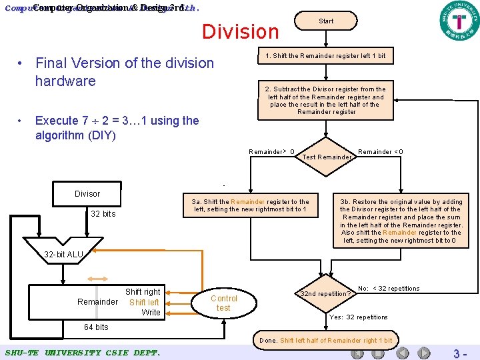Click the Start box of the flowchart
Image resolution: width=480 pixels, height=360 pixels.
(326, 21)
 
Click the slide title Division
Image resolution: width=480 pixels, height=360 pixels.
(241, 31)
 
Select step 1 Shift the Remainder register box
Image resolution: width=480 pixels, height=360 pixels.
(325, 55)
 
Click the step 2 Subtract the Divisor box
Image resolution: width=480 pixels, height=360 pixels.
(325, 100)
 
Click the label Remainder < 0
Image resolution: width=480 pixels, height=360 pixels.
(380, 152)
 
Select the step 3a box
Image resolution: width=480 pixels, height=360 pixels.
(250, 205)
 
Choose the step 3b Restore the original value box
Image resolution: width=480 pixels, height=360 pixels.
(401, 221)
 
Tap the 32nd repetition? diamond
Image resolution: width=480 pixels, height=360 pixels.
(325, 293)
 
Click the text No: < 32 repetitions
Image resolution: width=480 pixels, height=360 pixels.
(389, 289)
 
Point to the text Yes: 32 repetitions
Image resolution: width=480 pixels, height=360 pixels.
(359, 317)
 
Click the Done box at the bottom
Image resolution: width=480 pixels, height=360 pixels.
(325, 341)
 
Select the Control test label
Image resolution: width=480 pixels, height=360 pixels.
(223, 303)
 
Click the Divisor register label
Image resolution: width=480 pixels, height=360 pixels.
(87, 193)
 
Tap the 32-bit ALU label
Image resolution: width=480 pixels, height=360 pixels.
(64, 255)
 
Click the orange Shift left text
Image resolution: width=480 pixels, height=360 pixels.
(144, 302)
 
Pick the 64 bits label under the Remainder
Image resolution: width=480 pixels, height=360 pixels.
(96, 327)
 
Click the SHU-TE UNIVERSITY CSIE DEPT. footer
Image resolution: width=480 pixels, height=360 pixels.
(82, 351)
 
